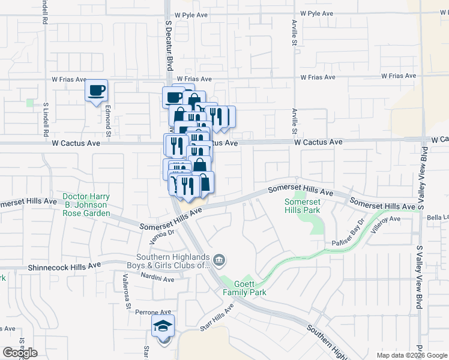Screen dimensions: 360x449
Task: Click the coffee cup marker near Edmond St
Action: point(96,91)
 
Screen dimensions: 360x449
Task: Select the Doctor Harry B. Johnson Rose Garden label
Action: point(86,205)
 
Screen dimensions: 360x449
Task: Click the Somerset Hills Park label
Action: point(303,206)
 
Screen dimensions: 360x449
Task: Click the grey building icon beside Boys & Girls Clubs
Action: point(220,260)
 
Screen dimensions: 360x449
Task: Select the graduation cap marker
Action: point(162,326)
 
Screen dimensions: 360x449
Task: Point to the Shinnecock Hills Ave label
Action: point(64,265)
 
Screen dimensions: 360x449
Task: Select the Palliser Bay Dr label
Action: point(348,233)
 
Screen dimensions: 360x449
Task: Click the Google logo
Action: point(20,353)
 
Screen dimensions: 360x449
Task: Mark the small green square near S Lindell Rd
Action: point(30,103)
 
